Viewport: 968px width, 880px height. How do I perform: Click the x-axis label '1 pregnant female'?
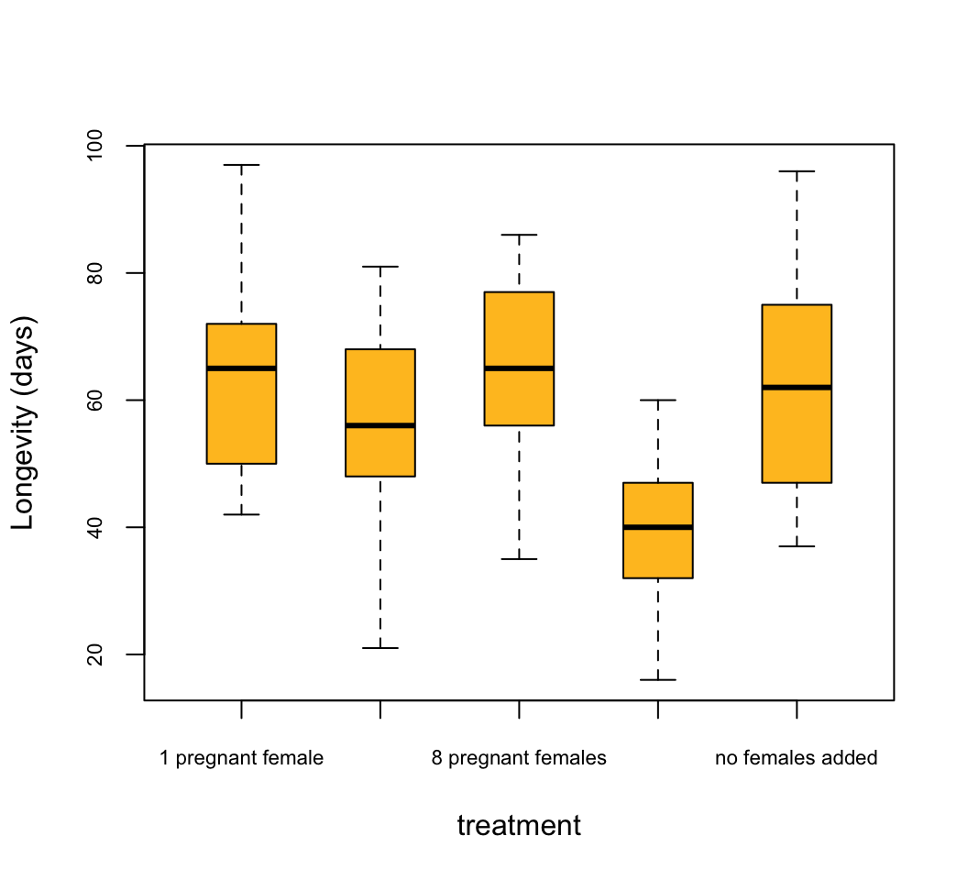[x=241, y=758]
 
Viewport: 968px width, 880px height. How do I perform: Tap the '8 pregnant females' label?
[x=519, y=758]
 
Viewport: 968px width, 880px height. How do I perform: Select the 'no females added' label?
[x=796, y=758]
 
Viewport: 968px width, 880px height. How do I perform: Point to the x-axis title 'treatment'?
[x=519, y=826]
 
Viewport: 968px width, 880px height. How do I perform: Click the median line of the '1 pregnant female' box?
[x=241, y=368]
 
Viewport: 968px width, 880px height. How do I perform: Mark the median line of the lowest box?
[x=657, y=527]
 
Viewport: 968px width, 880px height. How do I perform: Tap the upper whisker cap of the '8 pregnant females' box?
[x=519, y=235]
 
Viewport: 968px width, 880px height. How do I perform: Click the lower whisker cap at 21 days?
[x=380, y=648]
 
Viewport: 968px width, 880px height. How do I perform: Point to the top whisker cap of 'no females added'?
[x=797, y=171]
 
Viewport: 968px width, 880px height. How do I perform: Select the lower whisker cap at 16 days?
[x=657, y=680]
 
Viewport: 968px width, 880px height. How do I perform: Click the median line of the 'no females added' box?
[x=797, y=388]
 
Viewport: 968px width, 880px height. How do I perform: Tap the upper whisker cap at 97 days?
[x=241, y=165]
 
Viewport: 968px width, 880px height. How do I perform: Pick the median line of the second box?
[x=380, y=425]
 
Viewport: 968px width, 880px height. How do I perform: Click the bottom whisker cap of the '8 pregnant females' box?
[x=519, y=559]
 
